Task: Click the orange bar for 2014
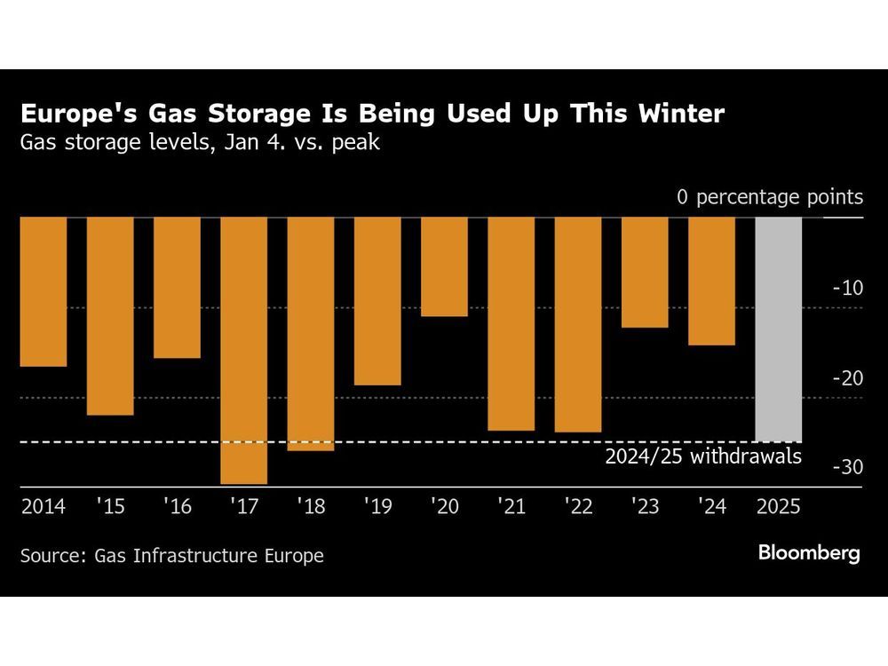pyautogui.click(x=44, y=291)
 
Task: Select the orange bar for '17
pyautogui.click(x=244, y=350)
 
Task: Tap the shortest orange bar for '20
pyautogui.click(x=444, y=266)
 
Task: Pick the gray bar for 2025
pyautogui.click(x=779, y=329)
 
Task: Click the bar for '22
pyautogui.click(x=578, y=324)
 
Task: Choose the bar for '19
pyautogui.click(x=377, y=301)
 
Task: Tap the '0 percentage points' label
pyautogui.click(x=770, y=196)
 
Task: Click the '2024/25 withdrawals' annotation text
pyautogui.click(x=703, y=457)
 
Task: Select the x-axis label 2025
pyautogui.click(x=779, y=507)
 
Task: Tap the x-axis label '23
pyautogui.click(x=645, y=507)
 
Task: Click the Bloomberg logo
pyautogui.click(x=808, y=553)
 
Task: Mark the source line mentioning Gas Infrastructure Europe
pyautogui.click(x=172, y=556)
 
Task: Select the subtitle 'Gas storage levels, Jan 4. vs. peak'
pyautogui.click(x=201, y=142)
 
